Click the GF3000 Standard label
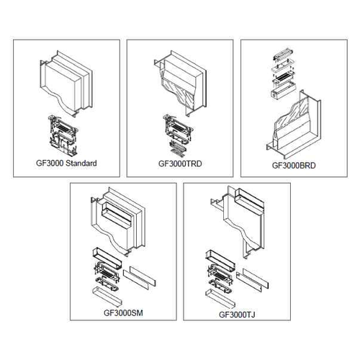point(66,163)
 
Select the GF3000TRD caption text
point(180,163)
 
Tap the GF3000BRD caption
point(294,166)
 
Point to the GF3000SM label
point(123,313)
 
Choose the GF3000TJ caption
point(237,315)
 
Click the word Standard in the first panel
point(81,163)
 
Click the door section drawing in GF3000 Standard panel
point(66,84)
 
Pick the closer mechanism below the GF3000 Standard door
point(63,135)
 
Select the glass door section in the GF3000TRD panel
point(181,83)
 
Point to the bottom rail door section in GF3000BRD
point(294,125)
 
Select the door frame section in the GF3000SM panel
point(118,221)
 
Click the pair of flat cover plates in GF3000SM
point(140,276)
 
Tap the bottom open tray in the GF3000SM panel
point(107,297)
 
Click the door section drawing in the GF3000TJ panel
point(238,222)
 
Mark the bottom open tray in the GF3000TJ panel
point(220,299)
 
